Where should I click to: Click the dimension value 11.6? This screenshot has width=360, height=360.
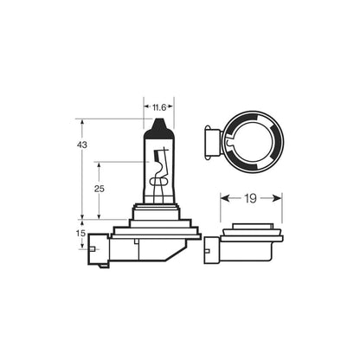tap(158, 108)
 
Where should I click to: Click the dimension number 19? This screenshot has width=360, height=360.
tap(251, 199)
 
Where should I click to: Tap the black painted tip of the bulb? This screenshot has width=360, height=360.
tap(158, 131)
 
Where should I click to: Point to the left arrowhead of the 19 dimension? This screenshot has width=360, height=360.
tap(224, 199)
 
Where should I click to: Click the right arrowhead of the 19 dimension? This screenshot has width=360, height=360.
tap(278, 199)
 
